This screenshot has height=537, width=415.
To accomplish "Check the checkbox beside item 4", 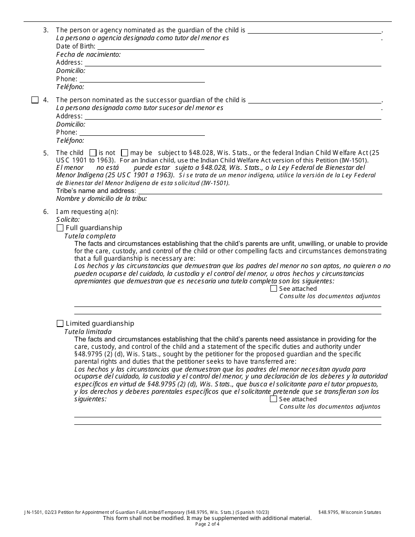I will coord(35,100).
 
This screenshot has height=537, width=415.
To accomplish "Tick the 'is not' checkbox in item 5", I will coord(93,153).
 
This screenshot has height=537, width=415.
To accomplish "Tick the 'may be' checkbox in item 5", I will coord(125,153).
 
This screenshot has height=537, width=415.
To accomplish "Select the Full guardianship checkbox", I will coord(60,228).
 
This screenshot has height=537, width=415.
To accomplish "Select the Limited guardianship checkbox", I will coord(60,324).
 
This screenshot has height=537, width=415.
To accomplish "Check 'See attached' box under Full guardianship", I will coord(273,289).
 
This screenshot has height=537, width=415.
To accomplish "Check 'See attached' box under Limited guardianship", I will coord(273,399).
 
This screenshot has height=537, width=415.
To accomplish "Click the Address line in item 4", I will coord(232,118).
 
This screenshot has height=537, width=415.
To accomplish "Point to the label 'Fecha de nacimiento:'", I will coord(88,55).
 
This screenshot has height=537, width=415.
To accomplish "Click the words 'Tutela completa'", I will coord(90,236).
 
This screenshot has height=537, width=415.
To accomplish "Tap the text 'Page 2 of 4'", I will coord(207,524).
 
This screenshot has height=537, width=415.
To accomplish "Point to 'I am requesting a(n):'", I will coord(87,212).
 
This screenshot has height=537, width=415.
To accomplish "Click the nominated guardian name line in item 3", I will coord(314,32).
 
